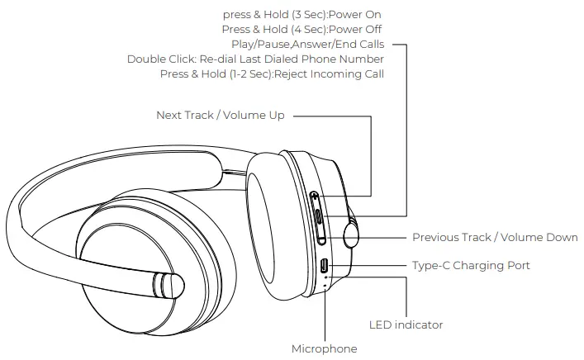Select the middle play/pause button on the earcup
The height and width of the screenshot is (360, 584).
click(319, 219)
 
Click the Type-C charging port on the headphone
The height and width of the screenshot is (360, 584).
click(324, 266)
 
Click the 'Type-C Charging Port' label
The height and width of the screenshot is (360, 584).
click(471, 265)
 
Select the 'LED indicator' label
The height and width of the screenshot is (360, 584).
click(406, 324)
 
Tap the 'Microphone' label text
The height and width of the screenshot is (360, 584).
click(324, 348)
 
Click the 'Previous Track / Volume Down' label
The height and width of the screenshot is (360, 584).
click(495, 238)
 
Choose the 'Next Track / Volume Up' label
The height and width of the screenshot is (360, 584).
click(220, 116)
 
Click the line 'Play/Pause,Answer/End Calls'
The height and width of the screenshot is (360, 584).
click(307, 45)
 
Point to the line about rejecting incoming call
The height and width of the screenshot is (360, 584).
click(272, 74)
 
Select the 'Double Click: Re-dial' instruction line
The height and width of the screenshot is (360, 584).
click(255, 59)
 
